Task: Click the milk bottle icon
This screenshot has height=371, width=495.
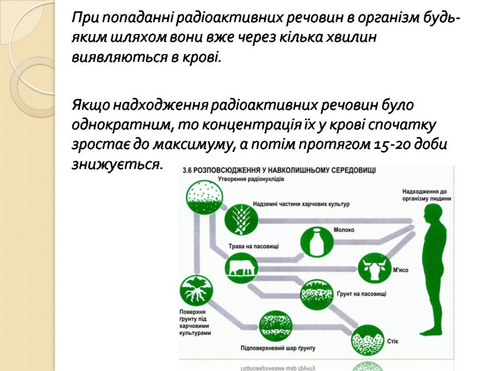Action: click(316, 241)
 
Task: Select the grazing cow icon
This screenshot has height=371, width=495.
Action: click(241, 268)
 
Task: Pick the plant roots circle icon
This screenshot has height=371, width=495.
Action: click(196, 290)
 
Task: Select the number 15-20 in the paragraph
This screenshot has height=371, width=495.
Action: click(394, 145)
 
